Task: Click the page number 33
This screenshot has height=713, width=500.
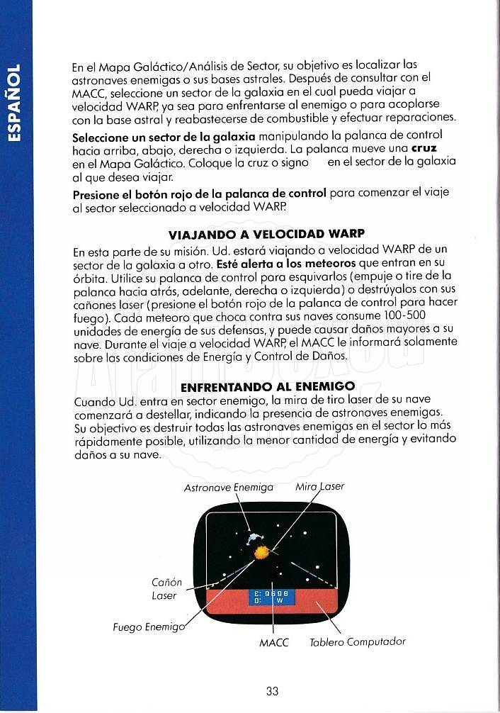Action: [273, 692]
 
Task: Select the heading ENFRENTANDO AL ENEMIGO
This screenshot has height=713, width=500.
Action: [267, 387]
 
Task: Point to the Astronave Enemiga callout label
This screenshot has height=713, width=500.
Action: [228, 488]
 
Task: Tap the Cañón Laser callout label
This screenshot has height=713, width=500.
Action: [166, 588]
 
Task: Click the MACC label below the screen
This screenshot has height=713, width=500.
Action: [273, 643]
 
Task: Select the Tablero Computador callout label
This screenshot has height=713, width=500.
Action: [358, 642]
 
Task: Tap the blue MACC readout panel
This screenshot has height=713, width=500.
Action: [271, 597]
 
